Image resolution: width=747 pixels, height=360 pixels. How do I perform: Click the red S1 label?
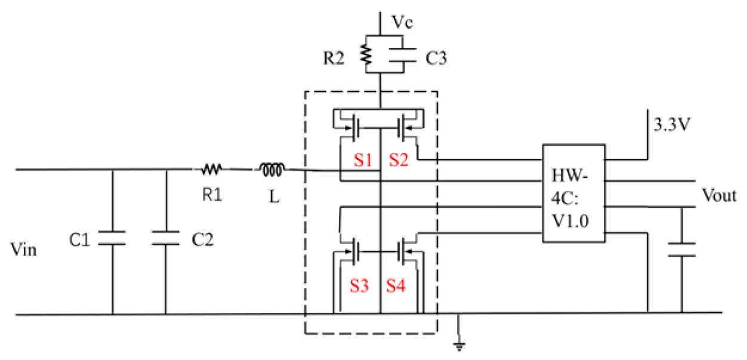(x=362, y=160)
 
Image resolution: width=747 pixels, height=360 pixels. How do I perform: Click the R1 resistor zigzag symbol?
(x=211, y=171)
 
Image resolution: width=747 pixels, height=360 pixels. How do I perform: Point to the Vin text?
(x=24, y=250)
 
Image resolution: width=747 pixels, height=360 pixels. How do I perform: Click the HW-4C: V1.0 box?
(x=573, y=193)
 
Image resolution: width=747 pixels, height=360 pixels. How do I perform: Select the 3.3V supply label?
(x=673, y=127)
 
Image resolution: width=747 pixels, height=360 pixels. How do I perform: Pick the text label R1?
(x=211, y=195)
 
